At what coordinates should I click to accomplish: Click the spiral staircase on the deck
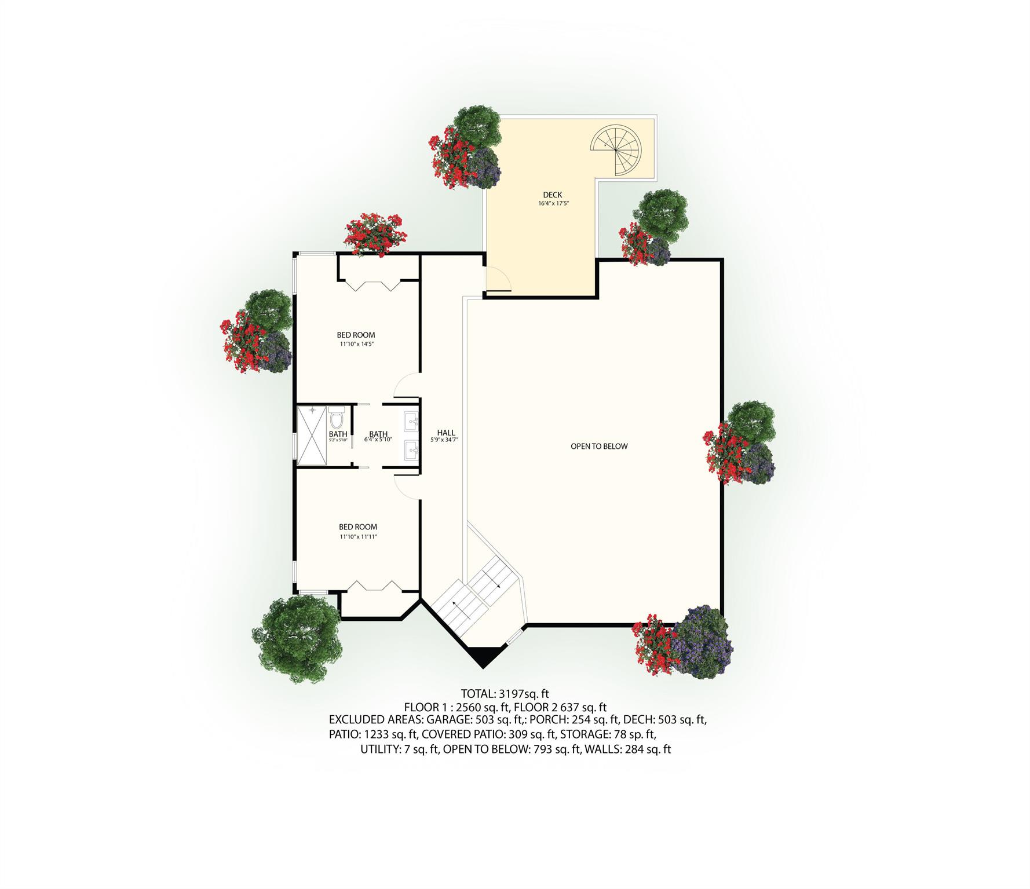pyautogui.click(x=616, y=150)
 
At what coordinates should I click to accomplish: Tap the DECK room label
pyautogui.click(x=552, y=195)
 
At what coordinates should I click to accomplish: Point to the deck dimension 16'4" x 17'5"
pyautogui.click(x=552, y=203)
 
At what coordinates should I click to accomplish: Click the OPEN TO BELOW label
pyautogui.click(x=599, y=446)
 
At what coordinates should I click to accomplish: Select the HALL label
pyautogui.click(x=445, y=433)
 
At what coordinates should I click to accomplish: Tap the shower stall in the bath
pyautogui.click(x=312, y=436)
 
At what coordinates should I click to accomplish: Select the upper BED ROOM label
pyautogui.click(x=356, y=335)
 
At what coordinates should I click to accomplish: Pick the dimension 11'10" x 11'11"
pyautogui.click(x=358, y=536)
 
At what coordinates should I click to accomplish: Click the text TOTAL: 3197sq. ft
pyautogui.click(x=505, y=693)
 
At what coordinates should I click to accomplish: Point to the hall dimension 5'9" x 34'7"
pyautogui.click(x=445, y=440)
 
